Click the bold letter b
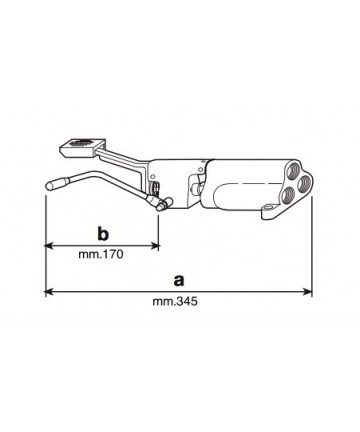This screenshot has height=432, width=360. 103,234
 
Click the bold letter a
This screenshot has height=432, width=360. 179,281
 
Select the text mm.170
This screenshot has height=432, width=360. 101,254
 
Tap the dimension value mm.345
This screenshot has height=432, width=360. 175,301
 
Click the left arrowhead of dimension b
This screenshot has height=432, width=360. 49,246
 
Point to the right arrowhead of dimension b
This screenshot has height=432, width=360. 155,246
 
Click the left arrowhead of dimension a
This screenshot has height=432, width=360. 49,292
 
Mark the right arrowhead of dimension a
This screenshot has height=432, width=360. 308,292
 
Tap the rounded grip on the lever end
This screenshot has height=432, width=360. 56,185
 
